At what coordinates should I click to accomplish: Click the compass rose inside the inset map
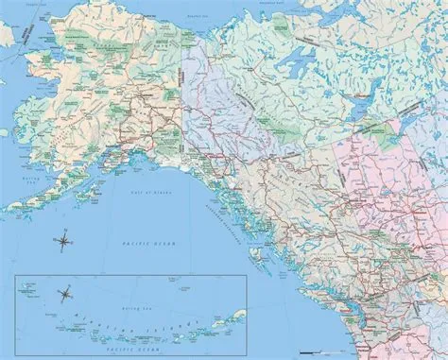[65, 295]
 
